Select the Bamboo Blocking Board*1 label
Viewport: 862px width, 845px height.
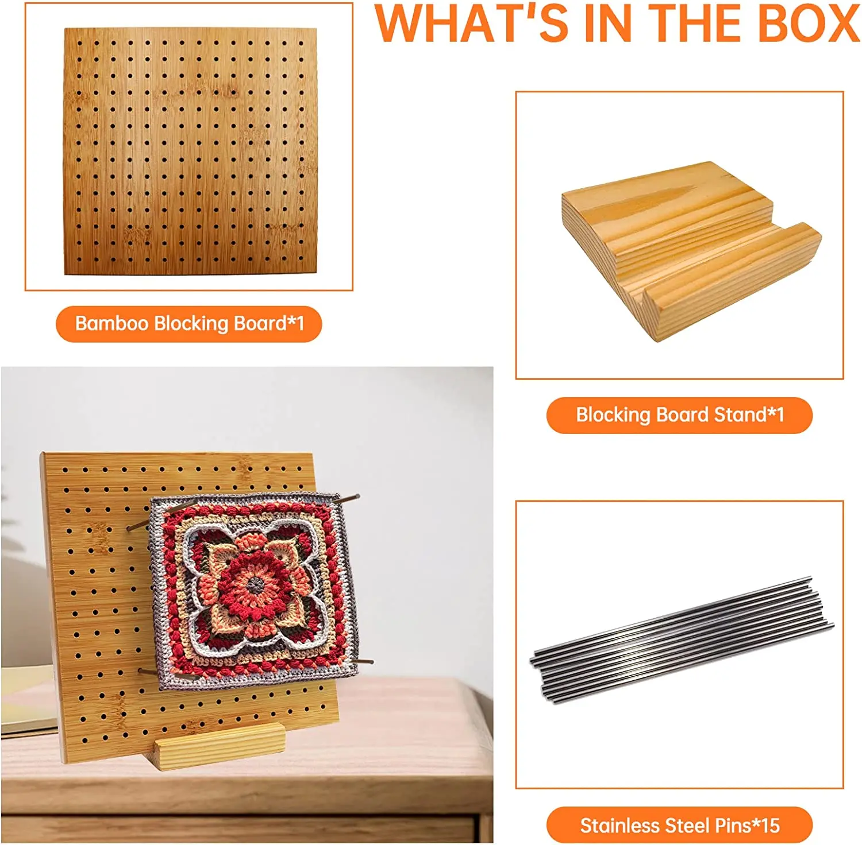(189, 324)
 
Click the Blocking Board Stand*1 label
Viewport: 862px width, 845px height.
(679, 414)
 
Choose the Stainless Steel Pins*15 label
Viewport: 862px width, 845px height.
(679, 825)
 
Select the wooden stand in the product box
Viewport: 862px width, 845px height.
(690, 247)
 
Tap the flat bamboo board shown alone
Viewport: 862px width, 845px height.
(190, 150)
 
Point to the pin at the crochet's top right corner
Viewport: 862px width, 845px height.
(347, 500)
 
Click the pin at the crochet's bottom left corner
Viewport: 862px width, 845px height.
(147, 671)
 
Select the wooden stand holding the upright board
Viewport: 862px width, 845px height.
(221, 745)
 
